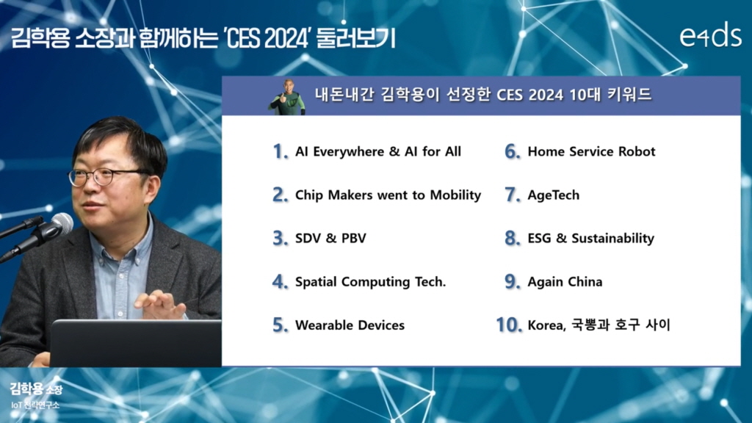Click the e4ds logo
(710, 35)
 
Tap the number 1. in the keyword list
(281, 151)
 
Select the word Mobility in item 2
(455, 195)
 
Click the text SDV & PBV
(330, 239)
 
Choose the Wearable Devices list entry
(350, 325)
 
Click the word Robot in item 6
(637, 151)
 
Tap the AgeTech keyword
(554, 195)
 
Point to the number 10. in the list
(509, 325)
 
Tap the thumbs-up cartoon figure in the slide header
(287, 97)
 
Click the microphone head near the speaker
(62, 223)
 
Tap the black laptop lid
(136, 344)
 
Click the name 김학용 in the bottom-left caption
(27, 388)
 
